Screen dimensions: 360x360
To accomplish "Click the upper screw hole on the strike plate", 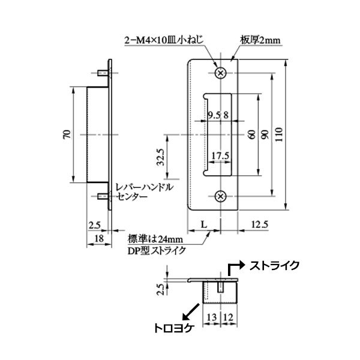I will tap(221, 73).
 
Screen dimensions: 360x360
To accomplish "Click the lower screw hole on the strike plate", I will tap(221, 196).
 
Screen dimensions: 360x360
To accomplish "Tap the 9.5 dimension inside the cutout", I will tap(212, 115).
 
